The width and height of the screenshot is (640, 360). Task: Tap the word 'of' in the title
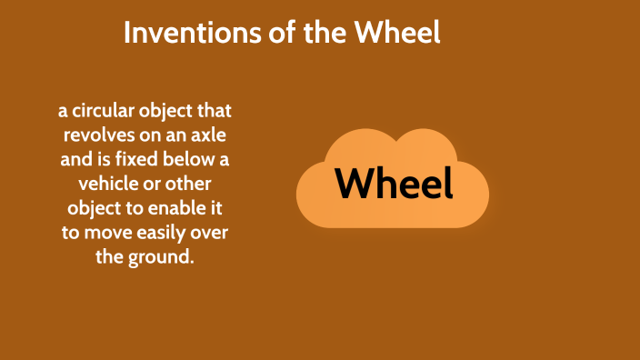pos(260,35)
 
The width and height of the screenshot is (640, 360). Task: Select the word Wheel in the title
pos(399,35)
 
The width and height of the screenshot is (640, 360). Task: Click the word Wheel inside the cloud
pos(394,184)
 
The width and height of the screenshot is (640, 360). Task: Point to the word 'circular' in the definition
pos(104,113)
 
